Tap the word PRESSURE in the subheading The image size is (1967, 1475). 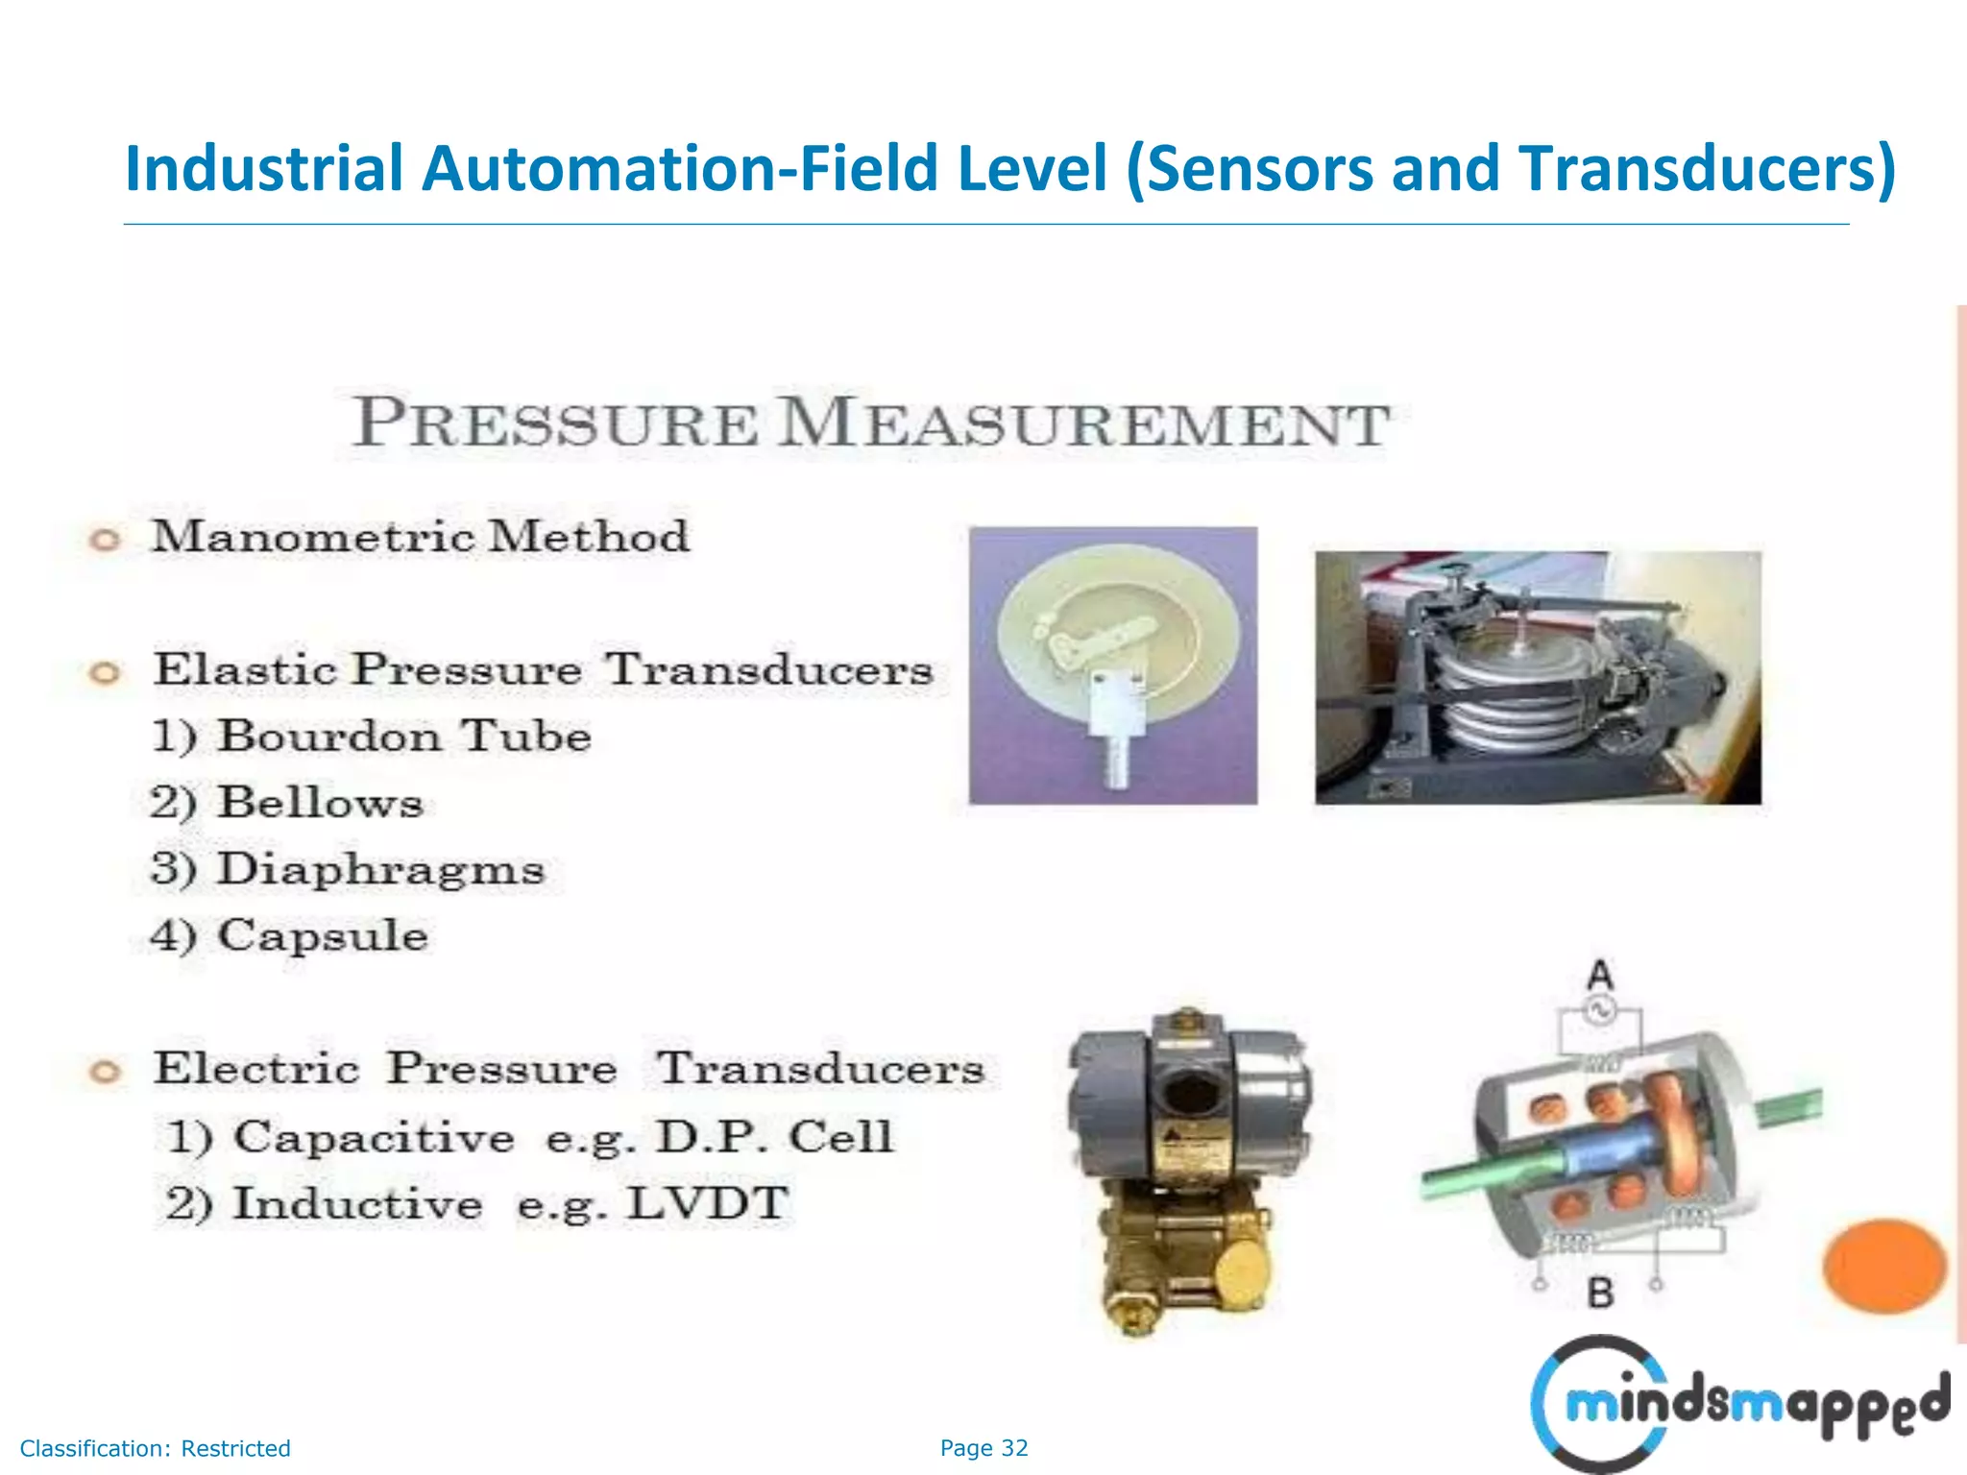[555, 423]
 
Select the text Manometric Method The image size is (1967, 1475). [421, 536]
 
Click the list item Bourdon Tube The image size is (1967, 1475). [372, 737]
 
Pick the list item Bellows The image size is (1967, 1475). [287, 803]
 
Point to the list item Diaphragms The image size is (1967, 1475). [349, 869]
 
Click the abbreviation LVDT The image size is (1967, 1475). [707, 1204]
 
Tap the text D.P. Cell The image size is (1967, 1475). [774, 1137]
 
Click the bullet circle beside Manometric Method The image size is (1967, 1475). [104, 540]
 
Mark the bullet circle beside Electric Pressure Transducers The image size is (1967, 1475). [104, 1072]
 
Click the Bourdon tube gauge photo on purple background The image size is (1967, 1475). [1112, 665]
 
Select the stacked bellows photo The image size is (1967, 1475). [1537, 678]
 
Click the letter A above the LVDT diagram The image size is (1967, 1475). [1599, 976]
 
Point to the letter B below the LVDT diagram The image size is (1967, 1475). [1599, 1293]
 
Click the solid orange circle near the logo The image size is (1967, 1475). [1884, 1265]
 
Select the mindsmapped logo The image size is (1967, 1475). [1738, 1404]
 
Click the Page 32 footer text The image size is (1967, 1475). [983, 1448]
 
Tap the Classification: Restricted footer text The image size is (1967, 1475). [155, 1448]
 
